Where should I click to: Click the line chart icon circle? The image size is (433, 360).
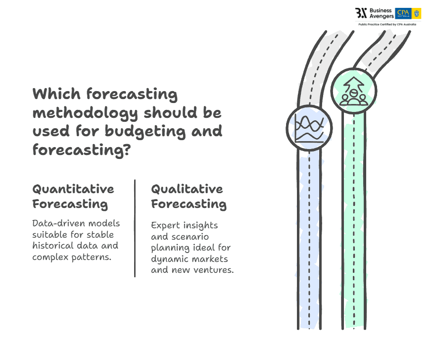coord(309,128)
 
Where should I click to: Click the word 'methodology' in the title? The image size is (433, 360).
coord(85,113)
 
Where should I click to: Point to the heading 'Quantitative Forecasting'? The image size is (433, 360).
coord(73,196)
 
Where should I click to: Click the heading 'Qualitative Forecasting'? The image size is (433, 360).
coord(189,196)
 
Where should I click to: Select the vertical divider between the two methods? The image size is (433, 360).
coord(135,228)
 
